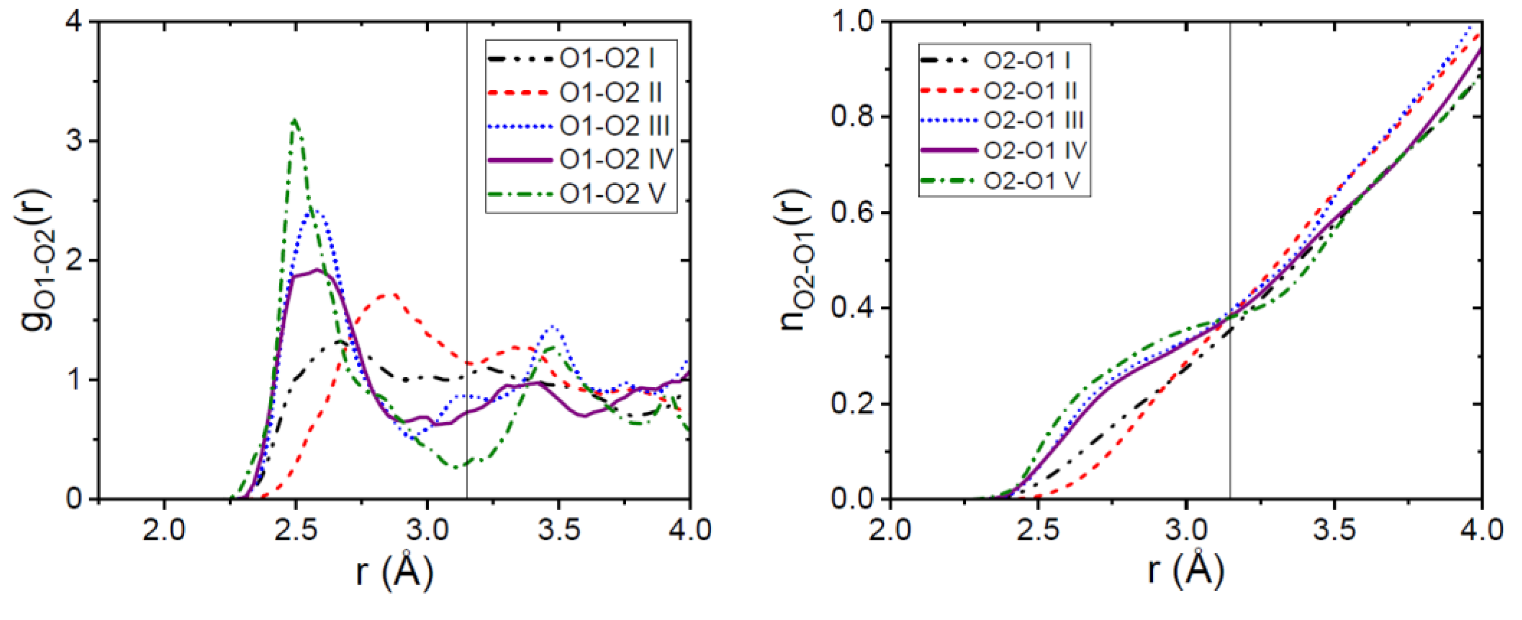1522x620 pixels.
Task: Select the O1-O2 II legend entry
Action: pyautogui.click(x=610, y=93)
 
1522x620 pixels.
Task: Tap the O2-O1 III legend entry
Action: pyautogui.click(x=1032, y=120)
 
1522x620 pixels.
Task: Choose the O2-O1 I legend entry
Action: pyautogui.click(x=1026, y=60)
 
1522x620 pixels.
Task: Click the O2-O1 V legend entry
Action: pyautogui.click(x=1031, y=181)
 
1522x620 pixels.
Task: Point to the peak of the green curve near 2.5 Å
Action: pyautogui.click(x=295, y=120)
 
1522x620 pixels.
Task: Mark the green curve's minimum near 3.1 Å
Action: pyautogui.click(x=456, y=468)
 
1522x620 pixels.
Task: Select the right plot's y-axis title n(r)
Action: pyautogui.click(x=795, y=260)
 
